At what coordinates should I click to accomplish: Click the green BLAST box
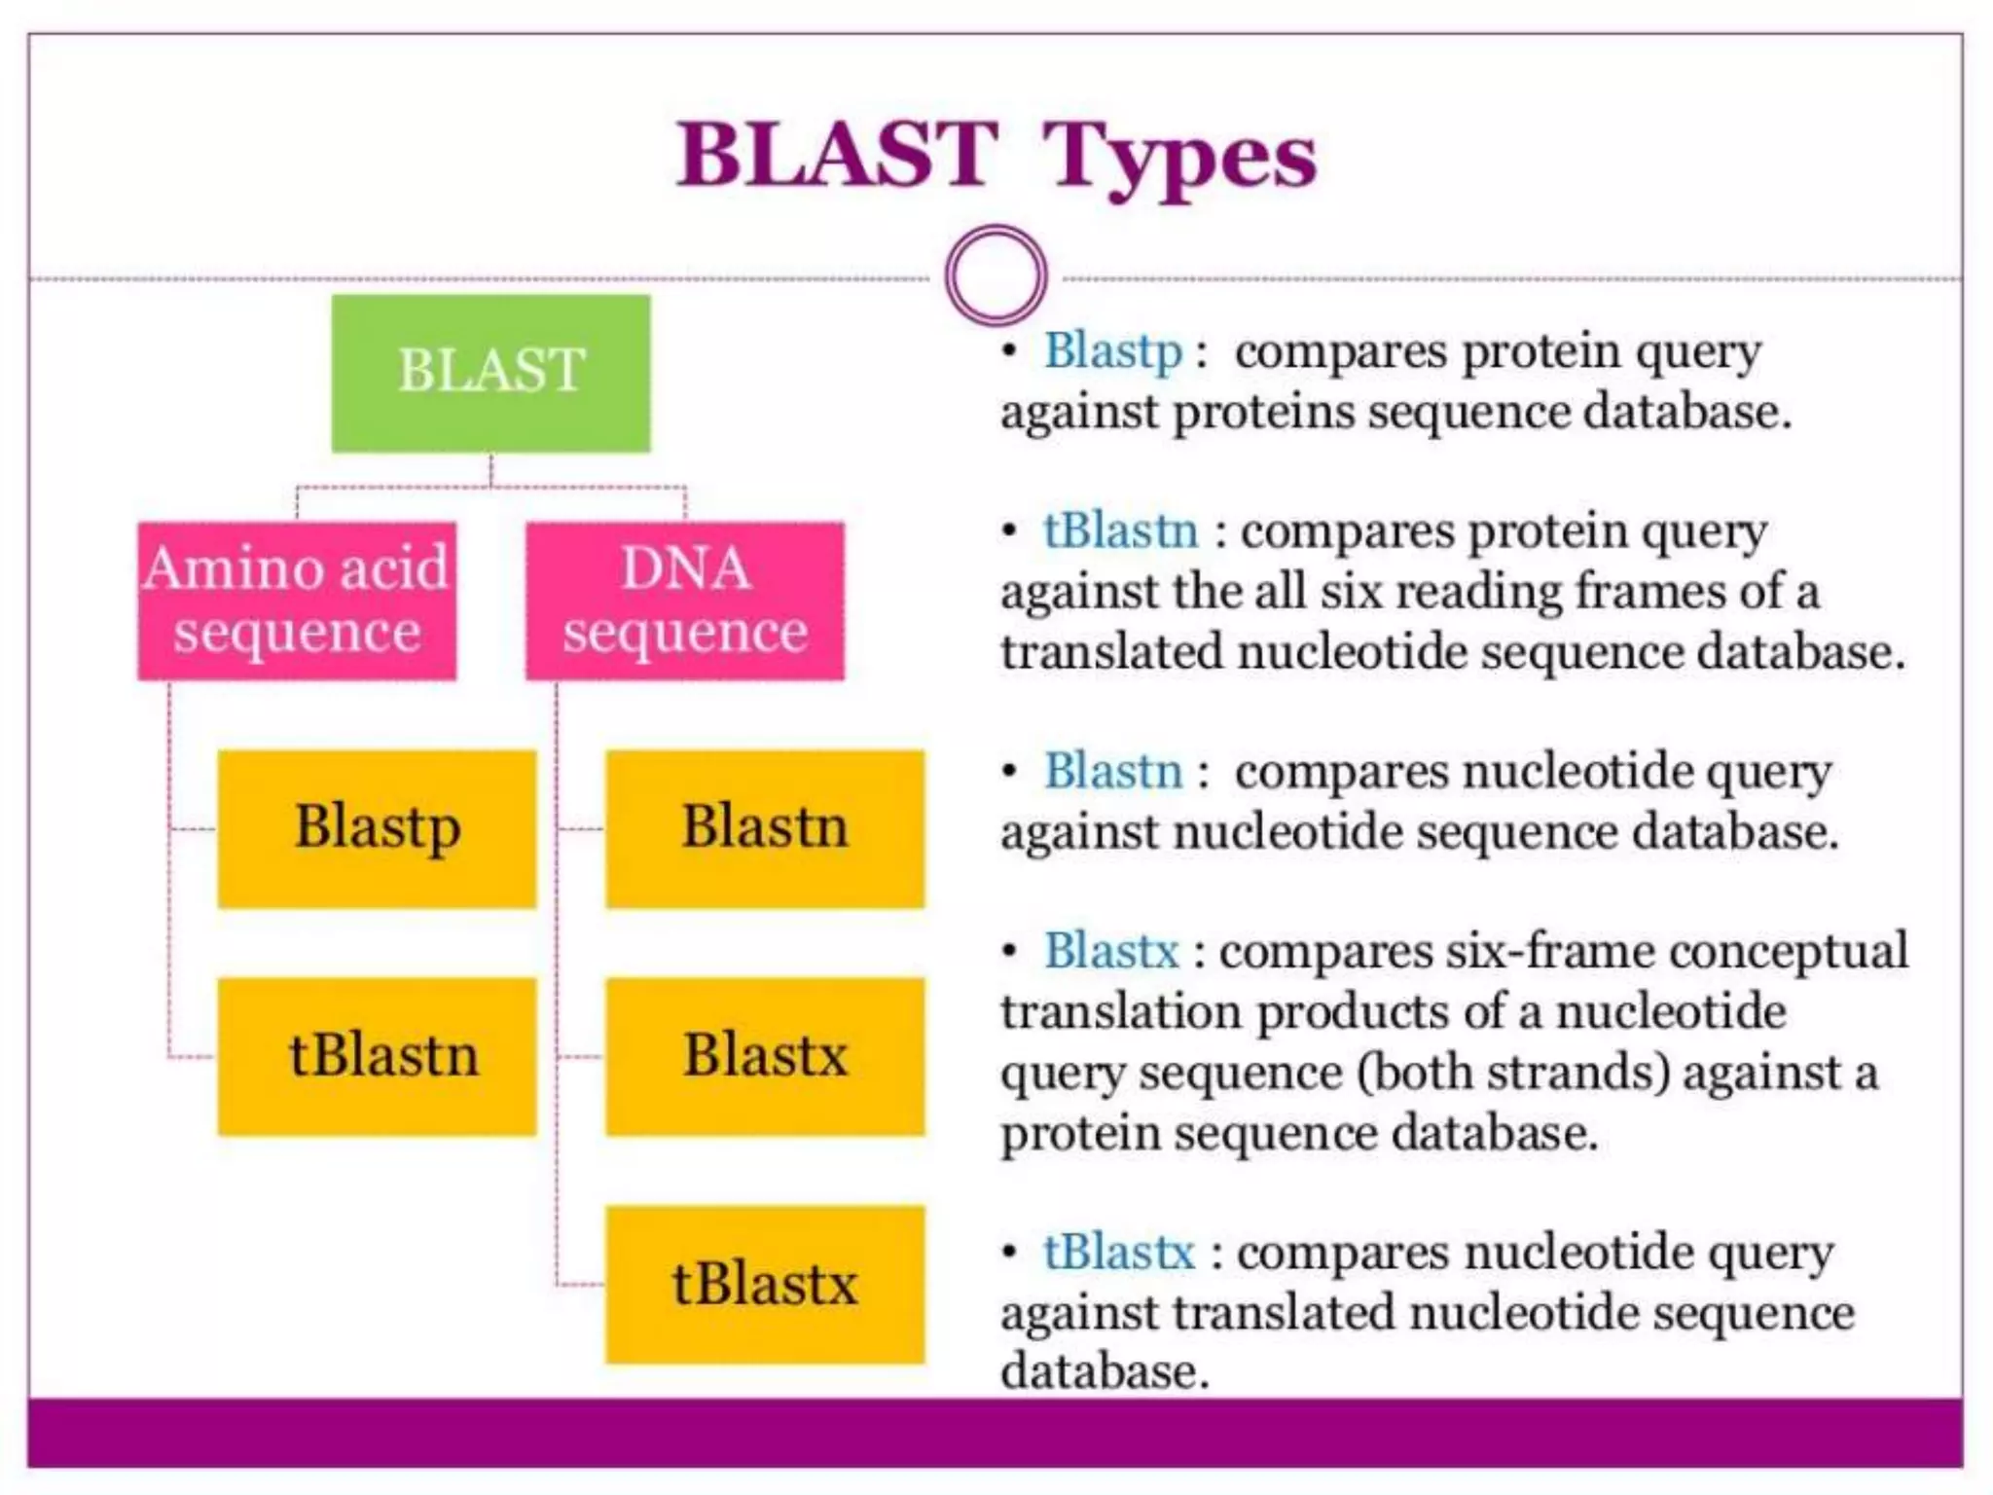click(490, 373)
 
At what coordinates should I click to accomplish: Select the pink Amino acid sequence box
click(297, 600)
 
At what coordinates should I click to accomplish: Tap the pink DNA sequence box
click(685, 600)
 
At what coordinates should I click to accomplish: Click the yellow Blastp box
click(377, 828)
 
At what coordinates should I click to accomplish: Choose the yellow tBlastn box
click(377, 1056)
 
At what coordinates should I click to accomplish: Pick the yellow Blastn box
click(765, 828)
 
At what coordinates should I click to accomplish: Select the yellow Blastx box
click(765, 1056)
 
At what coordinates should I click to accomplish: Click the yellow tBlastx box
click(765, 1284)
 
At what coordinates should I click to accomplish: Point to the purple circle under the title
click(996, 275)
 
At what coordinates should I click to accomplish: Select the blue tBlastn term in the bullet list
click(1120, 531)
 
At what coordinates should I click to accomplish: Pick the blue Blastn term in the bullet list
click(1113, 772)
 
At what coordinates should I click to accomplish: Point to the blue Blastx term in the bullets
click(1111, 951)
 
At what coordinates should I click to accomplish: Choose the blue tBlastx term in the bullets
click(1119, 1253)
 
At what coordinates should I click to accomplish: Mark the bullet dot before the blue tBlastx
click(1010, 1252)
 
